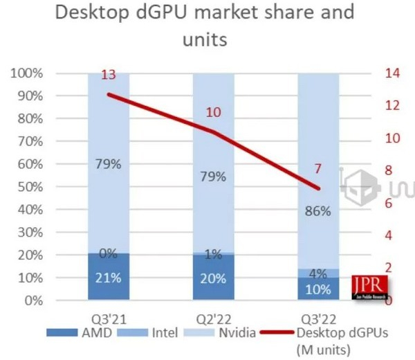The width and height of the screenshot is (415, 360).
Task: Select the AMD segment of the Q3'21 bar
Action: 108,276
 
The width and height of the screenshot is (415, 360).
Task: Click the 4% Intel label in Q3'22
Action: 319,273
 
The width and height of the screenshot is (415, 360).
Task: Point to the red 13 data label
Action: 109,75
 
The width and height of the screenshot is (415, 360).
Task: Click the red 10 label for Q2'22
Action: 214,112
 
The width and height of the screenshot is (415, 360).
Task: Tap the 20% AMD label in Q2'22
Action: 213,278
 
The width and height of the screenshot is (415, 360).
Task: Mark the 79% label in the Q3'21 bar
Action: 109,165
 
